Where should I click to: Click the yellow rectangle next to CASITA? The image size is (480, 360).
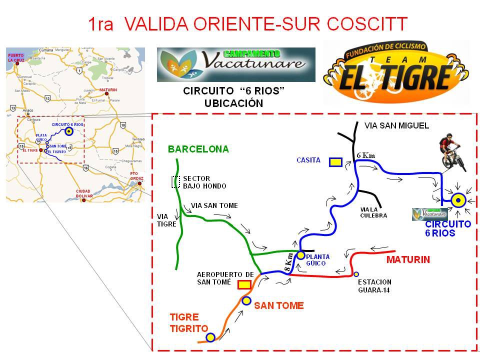[x=335, y=161]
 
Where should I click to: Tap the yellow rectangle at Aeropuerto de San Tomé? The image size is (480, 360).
[x=244, y=284]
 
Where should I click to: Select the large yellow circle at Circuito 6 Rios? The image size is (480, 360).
[x=458, y=200]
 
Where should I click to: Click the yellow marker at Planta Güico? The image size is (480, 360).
[x=300, y=255]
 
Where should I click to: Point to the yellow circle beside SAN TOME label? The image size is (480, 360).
[x=246, y=300]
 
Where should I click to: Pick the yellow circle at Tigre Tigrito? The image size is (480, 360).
[x=210, y=337]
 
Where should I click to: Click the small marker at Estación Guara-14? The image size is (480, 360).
[x=356, y=274]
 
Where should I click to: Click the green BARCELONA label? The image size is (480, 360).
[x=198, y=149]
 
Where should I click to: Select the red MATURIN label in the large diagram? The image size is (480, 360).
[x=408, y=260]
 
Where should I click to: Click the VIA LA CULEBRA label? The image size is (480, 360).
[x=373, y=212]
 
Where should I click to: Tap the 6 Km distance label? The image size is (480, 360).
[x=365, y=155]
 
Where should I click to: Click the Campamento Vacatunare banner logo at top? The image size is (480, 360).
[x=236, y=64]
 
